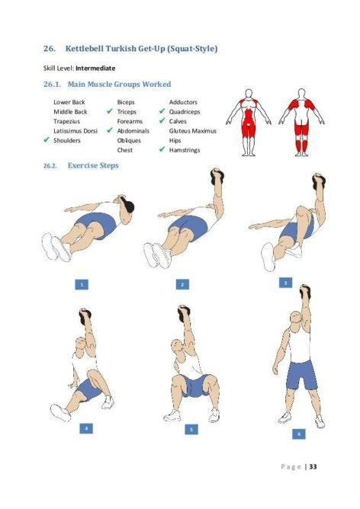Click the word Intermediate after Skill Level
point(95,68)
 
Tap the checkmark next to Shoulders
point(47,140)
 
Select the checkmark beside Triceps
point(111,111)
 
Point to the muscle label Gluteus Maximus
point(192,130)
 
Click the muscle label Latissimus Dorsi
point(75,130)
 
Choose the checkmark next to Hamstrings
point(162,150)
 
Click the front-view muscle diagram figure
point(248,122)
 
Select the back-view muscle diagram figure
point(303,122)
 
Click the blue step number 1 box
point(82,284)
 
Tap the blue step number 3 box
point(285,282)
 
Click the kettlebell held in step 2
point(217,176)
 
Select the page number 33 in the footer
point(313,467)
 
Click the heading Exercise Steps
point(92,165)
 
